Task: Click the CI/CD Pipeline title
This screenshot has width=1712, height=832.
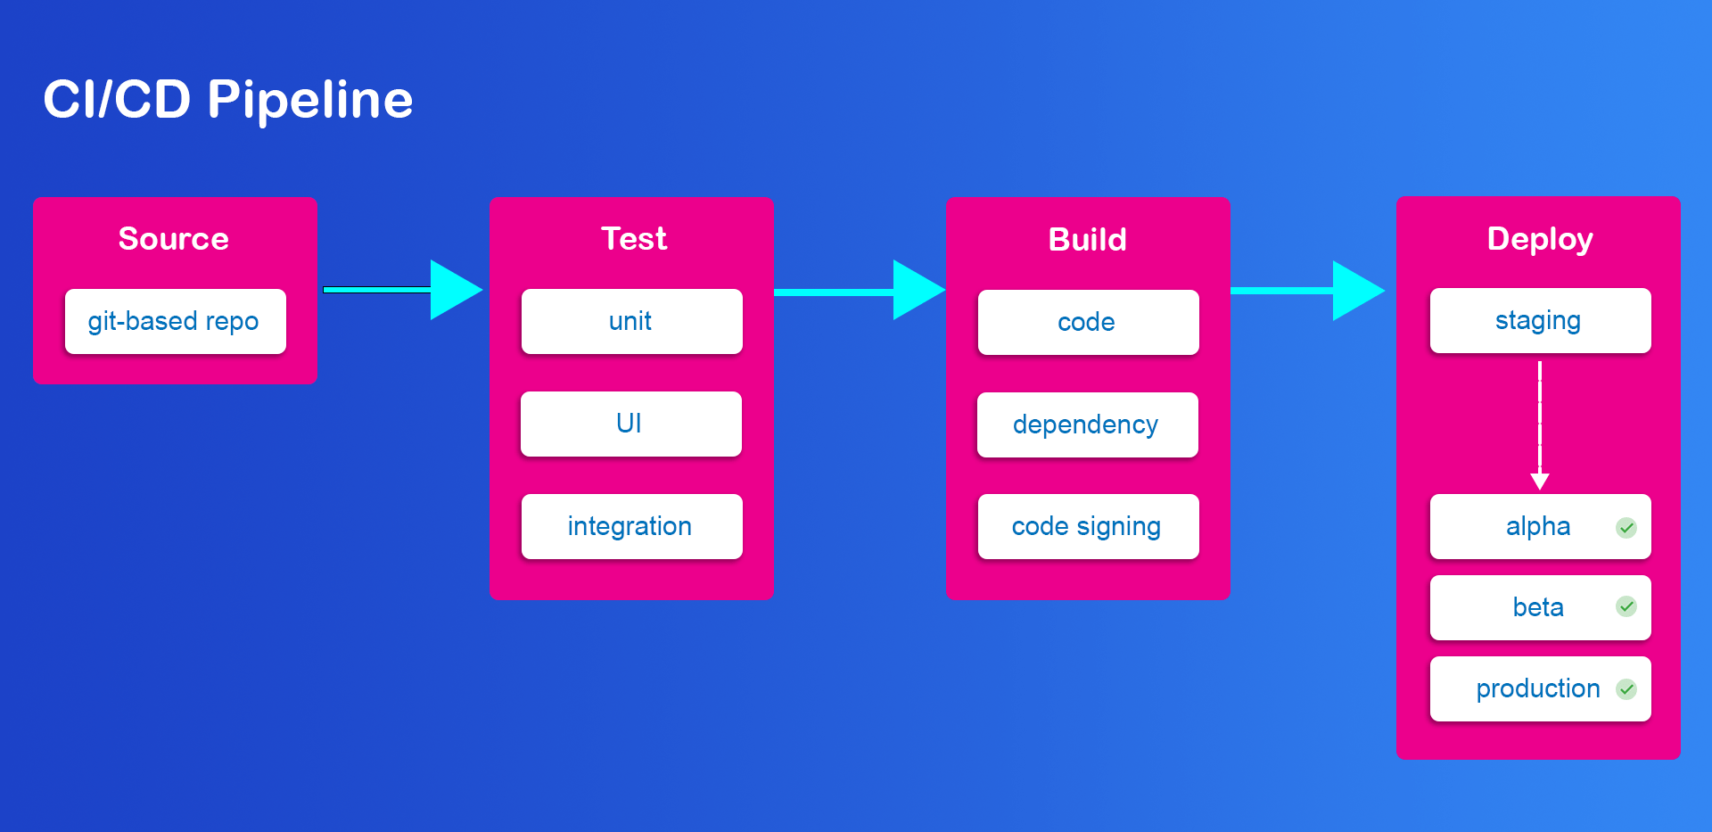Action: [x=227, y=100]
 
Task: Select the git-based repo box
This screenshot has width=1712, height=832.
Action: [x=176, y=321]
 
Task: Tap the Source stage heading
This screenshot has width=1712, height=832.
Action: [x=174, y=239]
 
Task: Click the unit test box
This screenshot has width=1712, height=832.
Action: [x=632, y=321]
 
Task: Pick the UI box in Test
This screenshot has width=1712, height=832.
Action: [x=631, y=424]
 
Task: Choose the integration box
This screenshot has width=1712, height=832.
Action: [x=632, y=526]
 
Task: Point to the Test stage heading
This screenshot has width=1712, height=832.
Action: [x=634, y=239]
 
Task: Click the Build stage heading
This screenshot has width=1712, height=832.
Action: [x=1088, y=240]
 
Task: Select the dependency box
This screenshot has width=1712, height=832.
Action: [x=1088, y=424]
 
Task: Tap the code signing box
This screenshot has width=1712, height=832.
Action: [x=1089, y=526]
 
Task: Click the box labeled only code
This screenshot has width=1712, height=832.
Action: [x=1089, y=322]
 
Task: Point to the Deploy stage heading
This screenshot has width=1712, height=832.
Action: [x=1540, y=240]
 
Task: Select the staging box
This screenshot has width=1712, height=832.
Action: [x=1541, y=320]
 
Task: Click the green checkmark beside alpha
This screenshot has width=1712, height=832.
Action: [x=1626, y=528]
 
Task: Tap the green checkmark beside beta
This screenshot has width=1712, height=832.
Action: [x=1626, y=607]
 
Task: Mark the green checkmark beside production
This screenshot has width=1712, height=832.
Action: [x=1626, y=689]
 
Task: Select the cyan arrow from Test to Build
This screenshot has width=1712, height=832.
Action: [x=860, y=291]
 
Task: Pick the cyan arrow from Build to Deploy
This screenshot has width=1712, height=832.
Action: [x=1308, y=291]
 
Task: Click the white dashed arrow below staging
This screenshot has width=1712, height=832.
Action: [x=1540, y=425]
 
